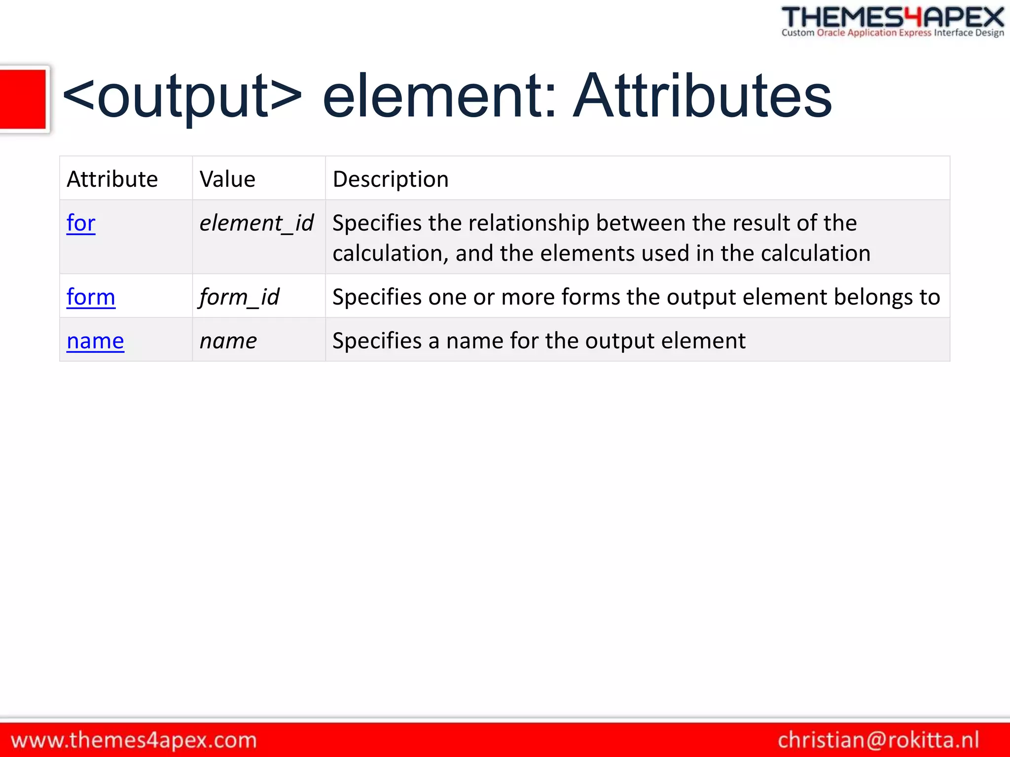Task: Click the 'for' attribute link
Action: click(81, 223)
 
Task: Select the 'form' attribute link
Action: click(91, 297)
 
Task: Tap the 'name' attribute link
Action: click(95, 341)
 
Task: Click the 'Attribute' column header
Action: click(112, 179)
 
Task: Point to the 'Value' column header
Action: click(227, 179)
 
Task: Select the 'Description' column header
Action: click(391, 179)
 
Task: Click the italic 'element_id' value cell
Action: click(256, 223)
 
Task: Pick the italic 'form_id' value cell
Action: click(239, 297)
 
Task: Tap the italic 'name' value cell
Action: click(228, 341)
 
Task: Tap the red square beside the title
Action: click(23, 99)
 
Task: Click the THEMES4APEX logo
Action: click(893, 18)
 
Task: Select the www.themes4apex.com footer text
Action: click(134, 740)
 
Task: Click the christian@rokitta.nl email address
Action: click(878, 740)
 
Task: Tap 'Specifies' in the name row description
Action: click(377, 341)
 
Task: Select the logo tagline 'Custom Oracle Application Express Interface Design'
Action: click(893, 33)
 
